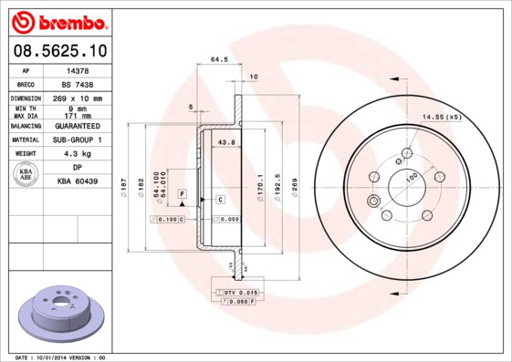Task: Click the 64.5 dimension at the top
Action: tap(219, 60)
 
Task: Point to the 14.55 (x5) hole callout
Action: tap(441, 117)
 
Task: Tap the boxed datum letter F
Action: tap(182, 195)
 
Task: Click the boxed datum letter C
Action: tap(220, 199)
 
